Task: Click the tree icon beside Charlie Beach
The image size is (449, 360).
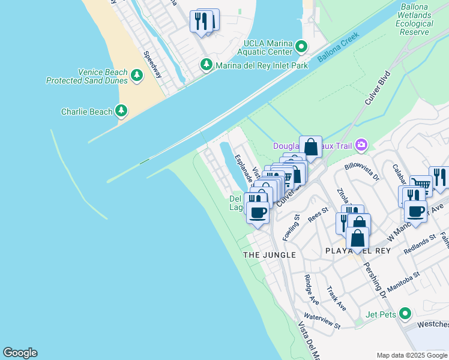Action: point(122,110)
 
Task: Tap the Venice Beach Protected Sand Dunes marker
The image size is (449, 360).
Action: point(137,75)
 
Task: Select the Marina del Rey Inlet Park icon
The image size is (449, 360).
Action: point(206,64)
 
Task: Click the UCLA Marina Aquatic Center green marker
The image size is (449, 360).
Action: point(301,46)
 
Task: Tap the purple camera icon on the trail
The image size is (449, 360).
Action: point(361,145)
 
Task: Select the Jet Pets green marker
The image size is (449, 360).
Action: point(405,313)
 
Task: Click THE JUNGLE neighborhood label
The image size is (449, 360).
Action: point(270,255)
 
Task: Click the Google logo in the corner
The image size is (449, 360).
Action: point(20,353)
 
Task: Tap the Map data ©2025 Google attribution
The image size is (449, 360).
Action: point(411,355)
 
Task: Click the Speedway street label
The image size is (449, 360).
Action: point(152,64)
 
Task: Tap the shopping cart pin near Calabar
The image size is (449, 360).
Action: point(421,185)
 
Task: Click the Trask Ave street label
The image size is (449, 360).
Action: point(336,298)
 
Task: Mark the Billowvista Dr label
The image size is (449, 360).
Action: point(362,170)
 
